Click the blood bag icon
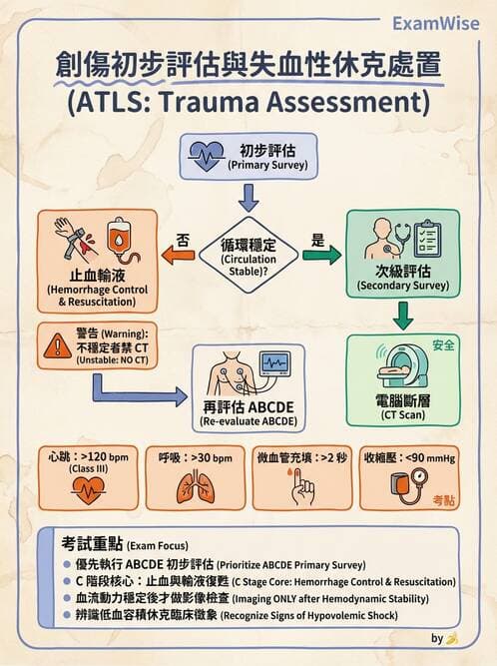[121, 237]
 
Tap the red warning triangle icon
[52, 347]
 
